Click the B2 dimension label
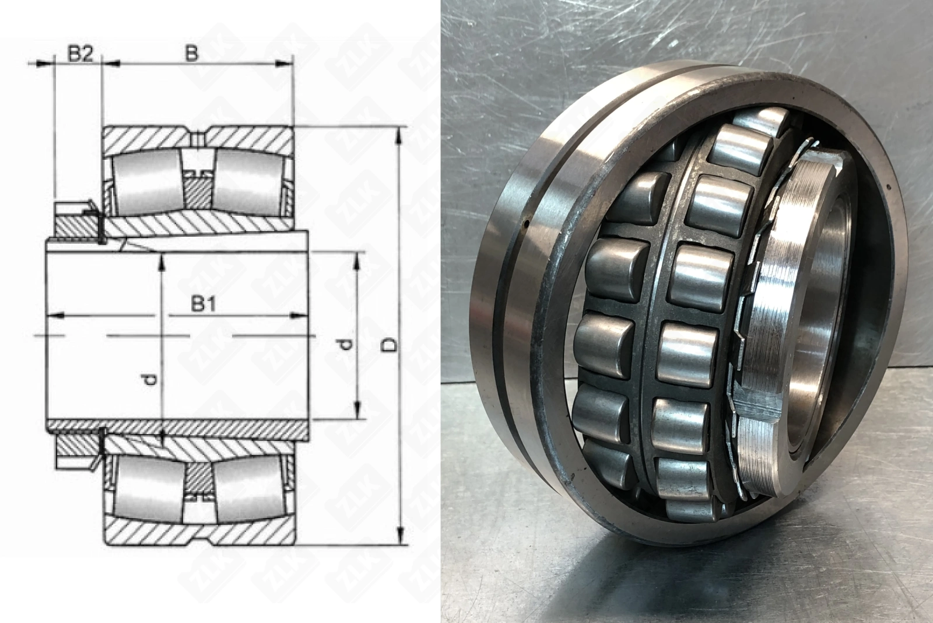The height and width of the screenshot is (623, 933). tap(80, 54)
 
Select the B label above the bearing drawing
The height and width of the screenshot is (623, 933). tap(191, 54)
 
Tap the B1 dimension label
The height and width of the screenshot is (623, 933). tap(204, 304)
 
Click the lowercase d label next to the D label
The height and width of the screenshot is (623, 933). tap(345, 344)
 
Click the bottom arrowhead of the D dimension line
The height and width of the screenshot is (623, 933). tap(400, 535)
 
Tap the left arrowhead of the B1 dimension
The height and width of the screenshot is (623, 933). tap(55, 316)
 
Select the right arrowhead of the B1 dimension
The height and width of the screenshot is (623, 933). tap(299, 316)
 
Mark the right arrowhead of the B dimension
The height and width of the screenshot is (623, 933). tap(285, 64)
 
